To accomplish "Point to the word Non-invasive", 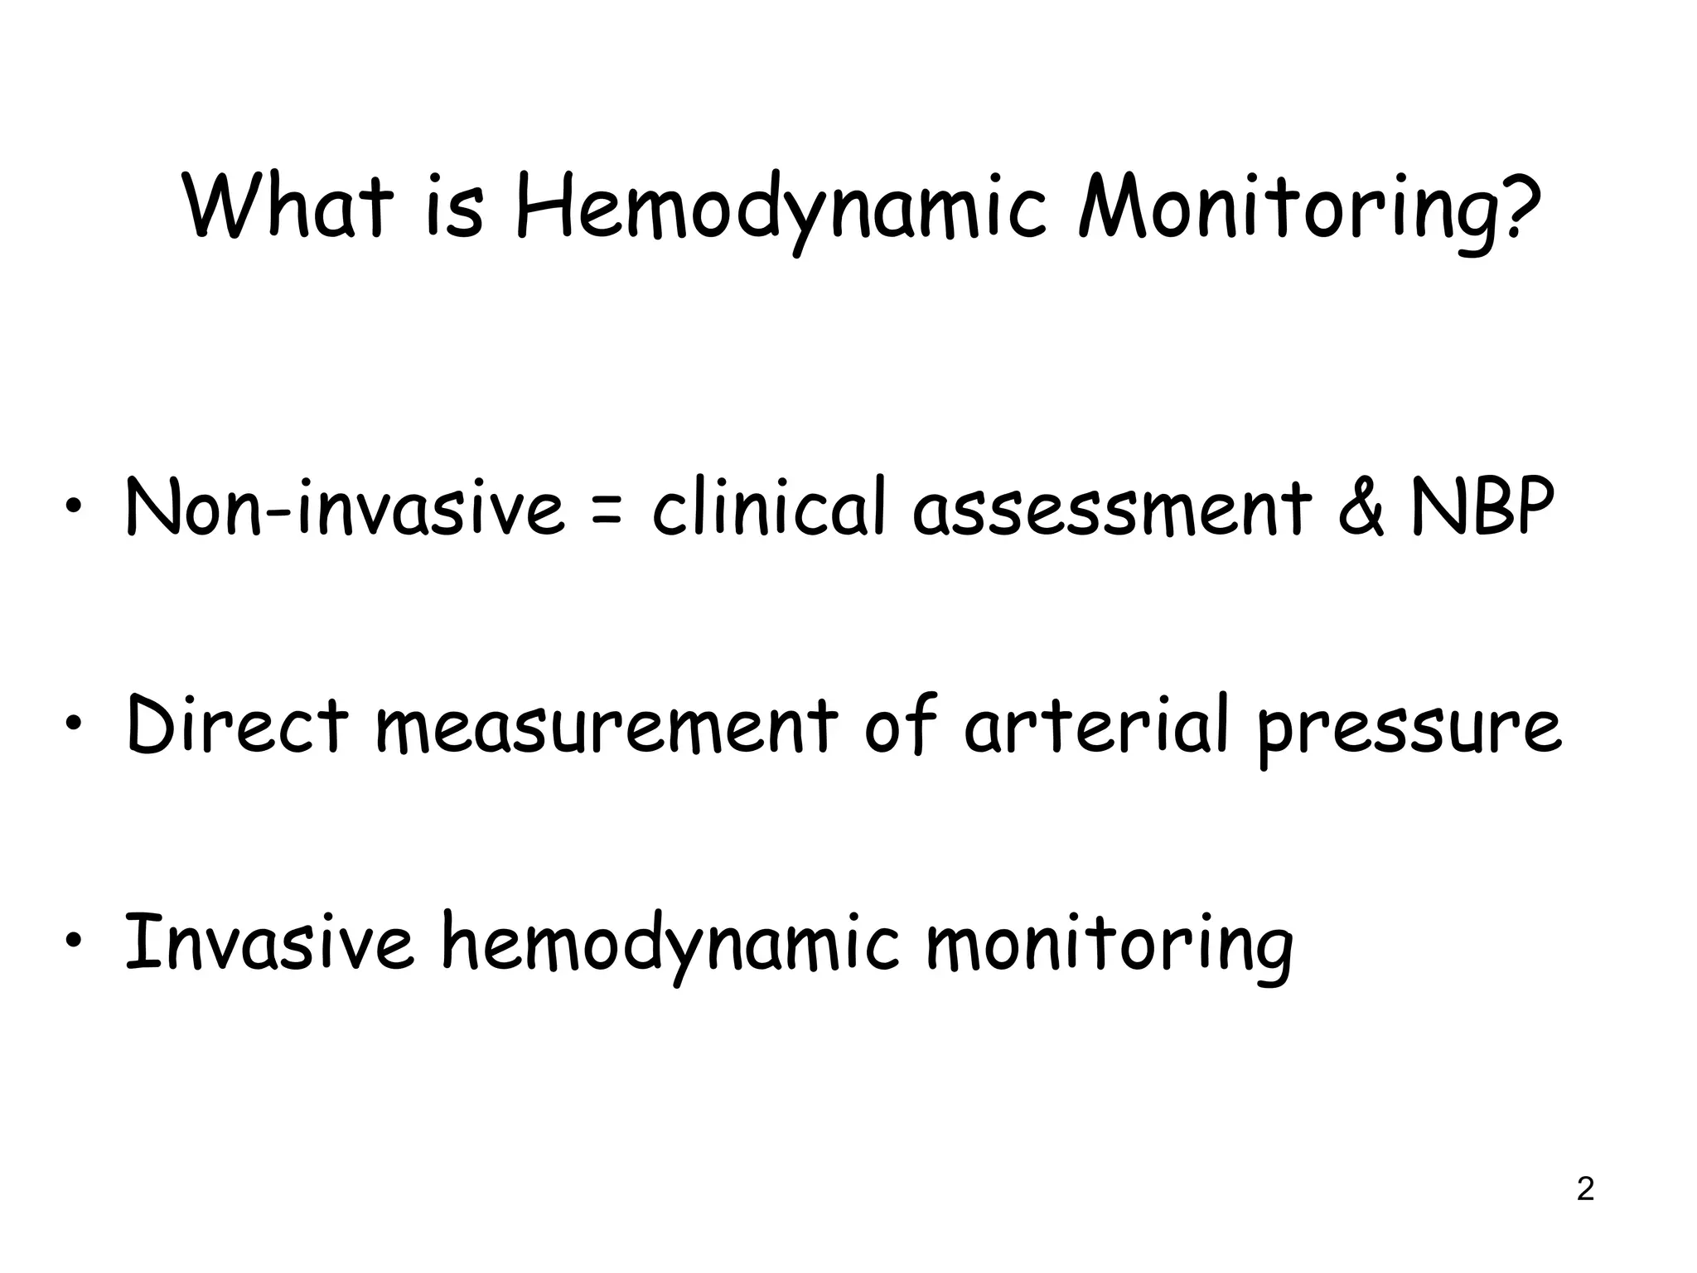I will click(343, 506).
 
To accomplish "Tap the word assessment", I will click(1111, 508).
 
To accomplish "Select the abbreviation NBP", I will click(1482, 506).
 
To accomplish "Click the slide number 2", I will click(1585, 1190).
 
